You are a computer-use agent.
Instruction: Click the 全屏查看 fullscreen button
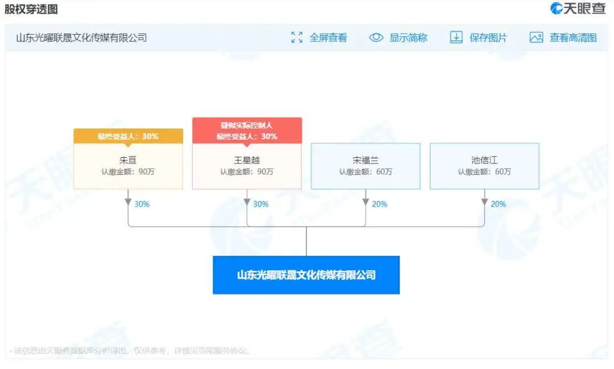(320, 38)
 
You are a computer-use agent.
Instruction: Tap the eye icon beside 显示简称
(376, 38)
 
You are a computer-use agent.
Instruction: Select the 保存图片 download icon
(456, 38)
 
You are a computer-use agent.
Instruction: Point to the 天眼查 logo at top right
(578, 9)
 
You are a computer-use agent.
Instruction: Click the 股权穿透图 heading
(31, 10)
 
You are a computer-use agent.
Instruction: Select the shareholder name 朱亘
(128, 160)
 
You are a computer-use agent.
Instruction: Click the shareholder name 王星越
(247, 160)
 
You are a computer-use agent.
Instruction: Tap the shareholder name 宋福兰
(366, 160)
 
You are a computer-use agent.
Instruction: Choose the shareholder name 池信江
(484, 160)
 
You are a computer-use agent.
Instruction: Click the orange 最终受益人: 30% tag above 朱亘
(128, 136)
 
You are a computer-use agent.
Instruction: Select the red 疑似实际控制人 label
(247, 125)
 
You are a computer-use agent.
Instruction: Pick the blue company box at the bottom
(306, 275)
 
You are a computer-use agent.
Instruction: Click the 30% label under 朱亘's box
(142, 204)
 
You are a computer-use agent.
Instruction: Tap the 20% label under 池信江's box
(498, 204)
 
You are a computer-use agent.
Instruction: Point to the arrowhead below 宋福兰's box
(366, 202)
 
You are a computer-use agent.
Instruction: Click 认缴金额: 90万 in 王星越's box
(247, 171)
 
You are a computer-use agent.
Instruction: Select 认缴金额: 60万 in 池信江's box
(484, 171)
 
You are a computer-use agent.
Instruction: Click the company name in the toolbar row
(81, 38)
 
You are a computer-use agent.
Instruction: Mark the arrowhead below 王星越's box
(247, 202)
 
